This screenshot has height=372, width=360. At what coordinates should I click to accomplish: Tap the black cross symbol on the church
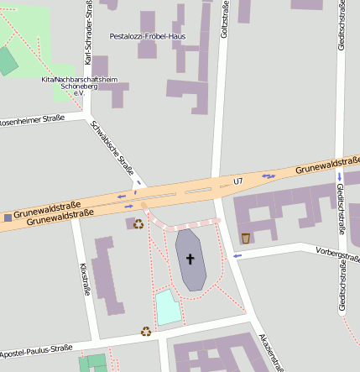point(190,259)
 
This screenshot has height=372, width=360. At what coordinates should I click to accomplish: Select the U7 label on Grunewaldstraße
point(237,181)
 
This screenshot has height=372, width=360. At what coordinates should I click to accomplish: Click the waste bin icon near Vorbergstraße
point(245,238)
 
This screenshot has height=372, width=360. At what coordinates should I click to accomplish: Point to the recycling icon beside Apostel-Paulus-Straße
point(146,331)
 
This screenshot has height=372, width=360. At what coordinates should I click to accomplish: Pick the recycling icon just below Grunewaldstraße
point(138,223)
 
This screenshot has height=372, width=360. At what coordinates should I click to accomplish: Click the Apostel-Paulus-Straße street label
point(41,349)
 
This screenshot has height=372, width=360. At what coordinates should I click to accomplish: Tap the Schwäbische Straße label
point(112,150)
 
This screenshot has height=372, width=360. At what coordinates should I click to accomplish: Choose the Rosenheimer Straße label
point(31,122)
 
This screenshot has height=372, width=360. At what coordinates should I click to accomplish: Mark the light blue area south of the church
point(168,307)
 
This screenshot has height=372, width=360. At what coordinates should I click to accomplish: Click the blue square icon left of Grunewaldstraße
point(8,217)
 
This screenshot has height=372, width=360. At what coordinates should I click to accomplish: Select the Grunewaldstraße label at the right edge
point(327,165)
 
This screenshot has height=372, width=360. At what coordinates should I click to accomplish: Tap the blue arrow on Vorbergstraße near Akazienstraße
point(237,255)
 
